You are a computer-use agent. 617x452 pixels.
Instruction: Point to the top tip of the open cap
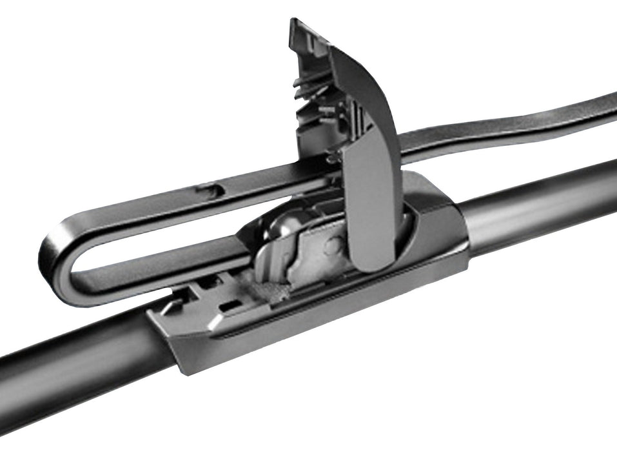[298, 26]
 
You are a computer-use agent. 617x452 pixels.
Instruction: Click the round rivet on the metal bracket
[333, 245]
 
